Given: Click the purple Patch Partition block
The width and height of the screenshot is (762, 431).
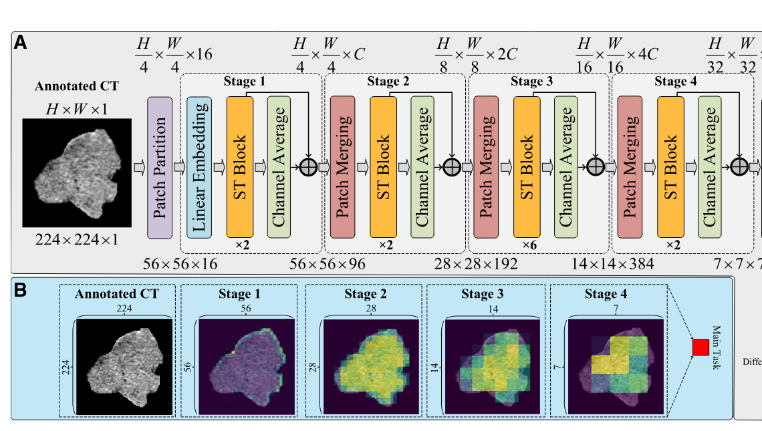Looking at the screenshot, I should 160,167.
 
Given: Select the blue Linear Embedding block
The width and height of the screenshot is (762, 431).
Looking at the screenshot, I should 199,167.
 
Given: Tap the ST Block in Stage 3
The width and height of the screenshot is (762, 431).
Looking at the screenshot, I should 527,167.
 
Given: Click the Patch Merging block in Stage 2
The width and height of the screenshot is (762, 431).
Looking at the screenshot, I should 343,167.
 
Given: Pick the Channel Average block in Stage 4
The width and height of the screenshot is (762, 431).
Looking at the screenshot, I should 711,167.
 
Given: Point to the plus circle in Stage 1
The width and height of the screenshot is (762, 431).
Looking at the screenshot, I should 307,167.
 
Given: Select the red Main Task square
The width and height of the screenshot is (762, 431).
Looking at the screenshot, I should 701,347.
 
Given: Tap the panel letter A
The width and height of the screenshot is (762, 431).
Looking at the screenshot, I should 21,43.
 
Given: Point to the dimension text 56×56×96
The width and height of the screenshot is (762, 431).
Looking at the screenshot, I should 328,264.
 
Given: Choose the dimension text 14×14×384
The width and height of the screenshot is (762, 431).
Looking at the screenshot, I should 613,264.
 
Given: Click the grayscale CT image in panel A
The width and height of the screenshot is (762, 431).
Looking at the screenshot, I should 71,170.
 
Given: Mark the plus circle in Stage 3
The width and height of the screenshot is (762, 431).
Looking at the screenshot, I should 595,167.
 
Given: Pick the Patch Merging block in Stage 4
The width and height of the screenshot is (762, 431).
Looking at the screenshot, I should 630,167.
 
